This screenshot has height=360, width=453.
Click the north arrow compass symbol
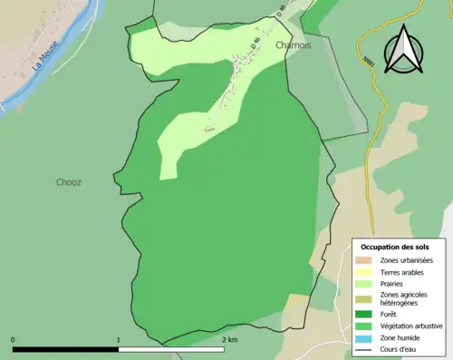[x=403, y=50]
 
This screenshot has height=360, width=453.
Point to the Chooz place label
[x=68, y=182]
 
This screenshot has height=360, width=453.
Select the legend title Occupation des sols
[x=395, y=247]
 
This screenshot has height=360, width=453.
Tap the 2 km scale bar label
[x=230, y=339]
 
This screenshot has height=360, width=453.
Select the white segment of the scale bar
[x=171, y=348]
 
